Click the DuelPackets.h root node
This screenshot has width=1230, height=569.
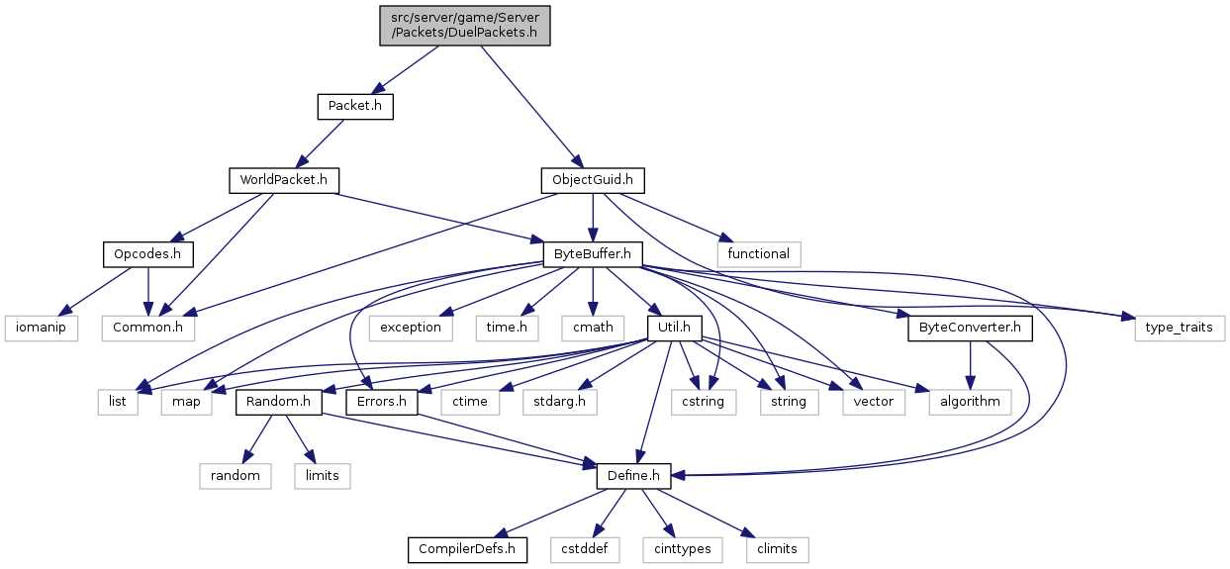(464, 26)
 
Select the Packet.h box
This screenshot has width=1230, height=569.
(355, 106)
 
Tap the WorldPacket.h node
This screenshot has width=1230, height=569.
(284, 180)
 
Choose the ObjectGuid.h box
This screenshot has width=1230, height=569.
(593, 180)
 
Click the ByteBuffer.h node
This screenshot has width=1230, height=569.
(593, 254)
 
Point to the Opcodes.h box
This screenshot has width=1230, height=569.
(147, 254)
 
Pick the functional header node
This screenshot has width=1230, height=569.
(759, 254)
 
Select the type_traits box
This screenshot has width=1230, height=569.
(1180, 328)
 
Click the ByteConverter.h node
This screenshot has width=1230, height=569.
(970, 328)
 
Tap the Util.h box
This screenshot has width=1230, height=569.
(674, 328)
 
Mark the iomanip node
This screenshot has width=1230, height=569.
(42, 328)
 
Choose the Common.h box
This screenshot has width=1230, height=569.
(147, 328)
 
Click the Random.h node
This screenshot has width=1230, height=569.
(278, 402)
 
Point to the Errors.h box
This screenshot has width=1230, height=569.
(382, 402)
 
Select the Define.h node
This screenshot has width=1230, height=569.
(633, 476)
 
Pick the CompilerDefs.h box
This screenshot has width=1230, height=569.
(467, 550)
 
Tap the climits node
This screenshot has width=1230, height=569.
(777, 550)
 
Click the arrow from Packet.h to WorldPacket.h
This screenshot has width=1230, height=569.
(320, 143)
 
